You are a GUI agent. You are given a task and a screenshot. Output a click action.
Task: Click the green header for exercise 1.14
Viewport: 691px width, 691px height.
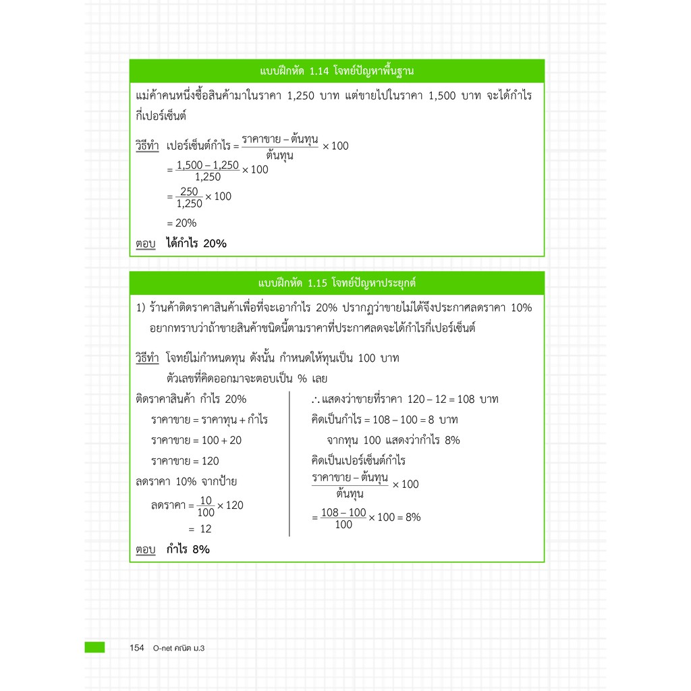click(336, 70)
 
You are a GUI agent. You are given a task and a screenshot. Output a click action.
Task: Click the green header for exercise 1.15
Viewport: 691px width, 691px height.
click(336, 282)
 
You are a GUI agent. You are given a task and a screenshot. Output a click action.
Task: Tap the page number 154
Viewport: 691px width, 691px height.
click(137, 648)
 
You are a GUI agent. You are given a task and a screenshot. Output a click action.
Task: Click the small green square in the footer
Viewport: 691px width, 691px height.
click(94, 647)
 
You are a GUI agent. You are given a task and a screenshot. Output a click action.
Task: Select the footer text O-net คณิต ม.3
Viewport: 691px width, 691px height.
click(178, 648)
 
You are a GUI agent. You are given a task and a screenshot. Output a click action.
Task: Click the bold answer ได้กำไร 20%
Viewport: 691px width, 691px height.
click(196, 244)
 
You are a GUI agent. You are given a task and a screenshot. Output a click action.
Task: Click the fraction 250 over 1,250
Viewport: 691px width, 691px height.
click(189, 197)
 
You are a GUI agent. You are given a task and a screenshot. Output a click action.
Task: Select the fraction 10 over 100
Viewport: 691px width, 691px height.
click(206, 506)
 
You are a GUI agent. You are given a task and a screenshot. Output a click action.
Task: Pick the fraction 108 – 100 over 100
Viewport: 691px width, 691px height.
click(343, 518)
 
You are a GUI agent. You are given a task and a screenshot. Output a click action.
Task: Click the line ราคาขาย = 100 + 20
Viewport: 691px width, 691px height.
click(196, 441)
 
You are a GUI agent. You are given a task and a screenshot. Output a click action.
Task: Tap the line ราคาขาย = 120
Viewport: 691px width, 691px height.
click(185, 462)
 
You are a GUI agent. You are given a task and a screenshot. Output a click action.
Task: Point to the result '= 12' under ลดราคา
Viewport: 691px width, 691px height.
click(200, 530)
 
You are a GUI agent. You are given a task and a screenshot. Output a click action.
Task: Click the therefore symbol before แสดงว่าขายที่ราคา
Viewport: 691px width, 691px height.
click(316, 399)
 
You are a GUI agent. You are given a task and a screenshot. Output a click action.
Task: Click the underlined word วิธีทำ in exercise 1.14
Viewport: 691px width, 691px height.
click(146, 146)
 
